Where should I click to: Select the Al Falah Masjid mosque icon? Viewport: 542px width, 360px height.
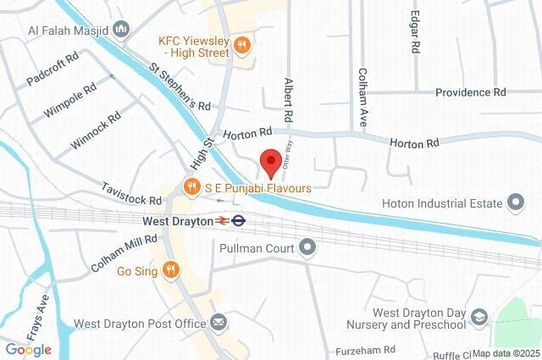(x=121, y=30)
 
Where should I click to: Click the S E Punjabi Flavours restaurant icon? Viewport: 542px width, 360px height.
(x=192, y=186)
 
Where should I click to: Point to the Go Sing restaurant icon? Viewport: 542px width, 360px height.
(x=171, y=269)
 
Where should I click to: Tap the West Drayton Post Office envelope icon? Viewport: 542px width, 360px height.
(x=218, y=323)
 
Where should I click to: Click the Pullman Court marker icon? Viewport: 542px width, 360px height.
(x=307, y=248)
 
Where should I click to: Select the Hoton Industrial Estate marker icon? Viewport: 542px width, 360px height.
(x=515, y=202)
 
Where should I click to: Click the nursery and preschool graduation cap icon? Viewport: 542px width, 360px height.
(x=480, y=318)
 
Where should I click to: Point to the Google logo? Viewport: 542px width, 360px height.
(x=28, y=349)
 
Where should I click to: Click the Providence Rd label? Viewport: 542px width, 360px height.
(x=470, y=91)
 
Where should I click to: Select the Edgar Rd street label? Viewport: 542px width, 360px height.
(x=415, y=32)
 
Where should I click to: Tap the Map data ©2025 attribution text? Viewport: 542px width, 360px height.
(x=506, y=353)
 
